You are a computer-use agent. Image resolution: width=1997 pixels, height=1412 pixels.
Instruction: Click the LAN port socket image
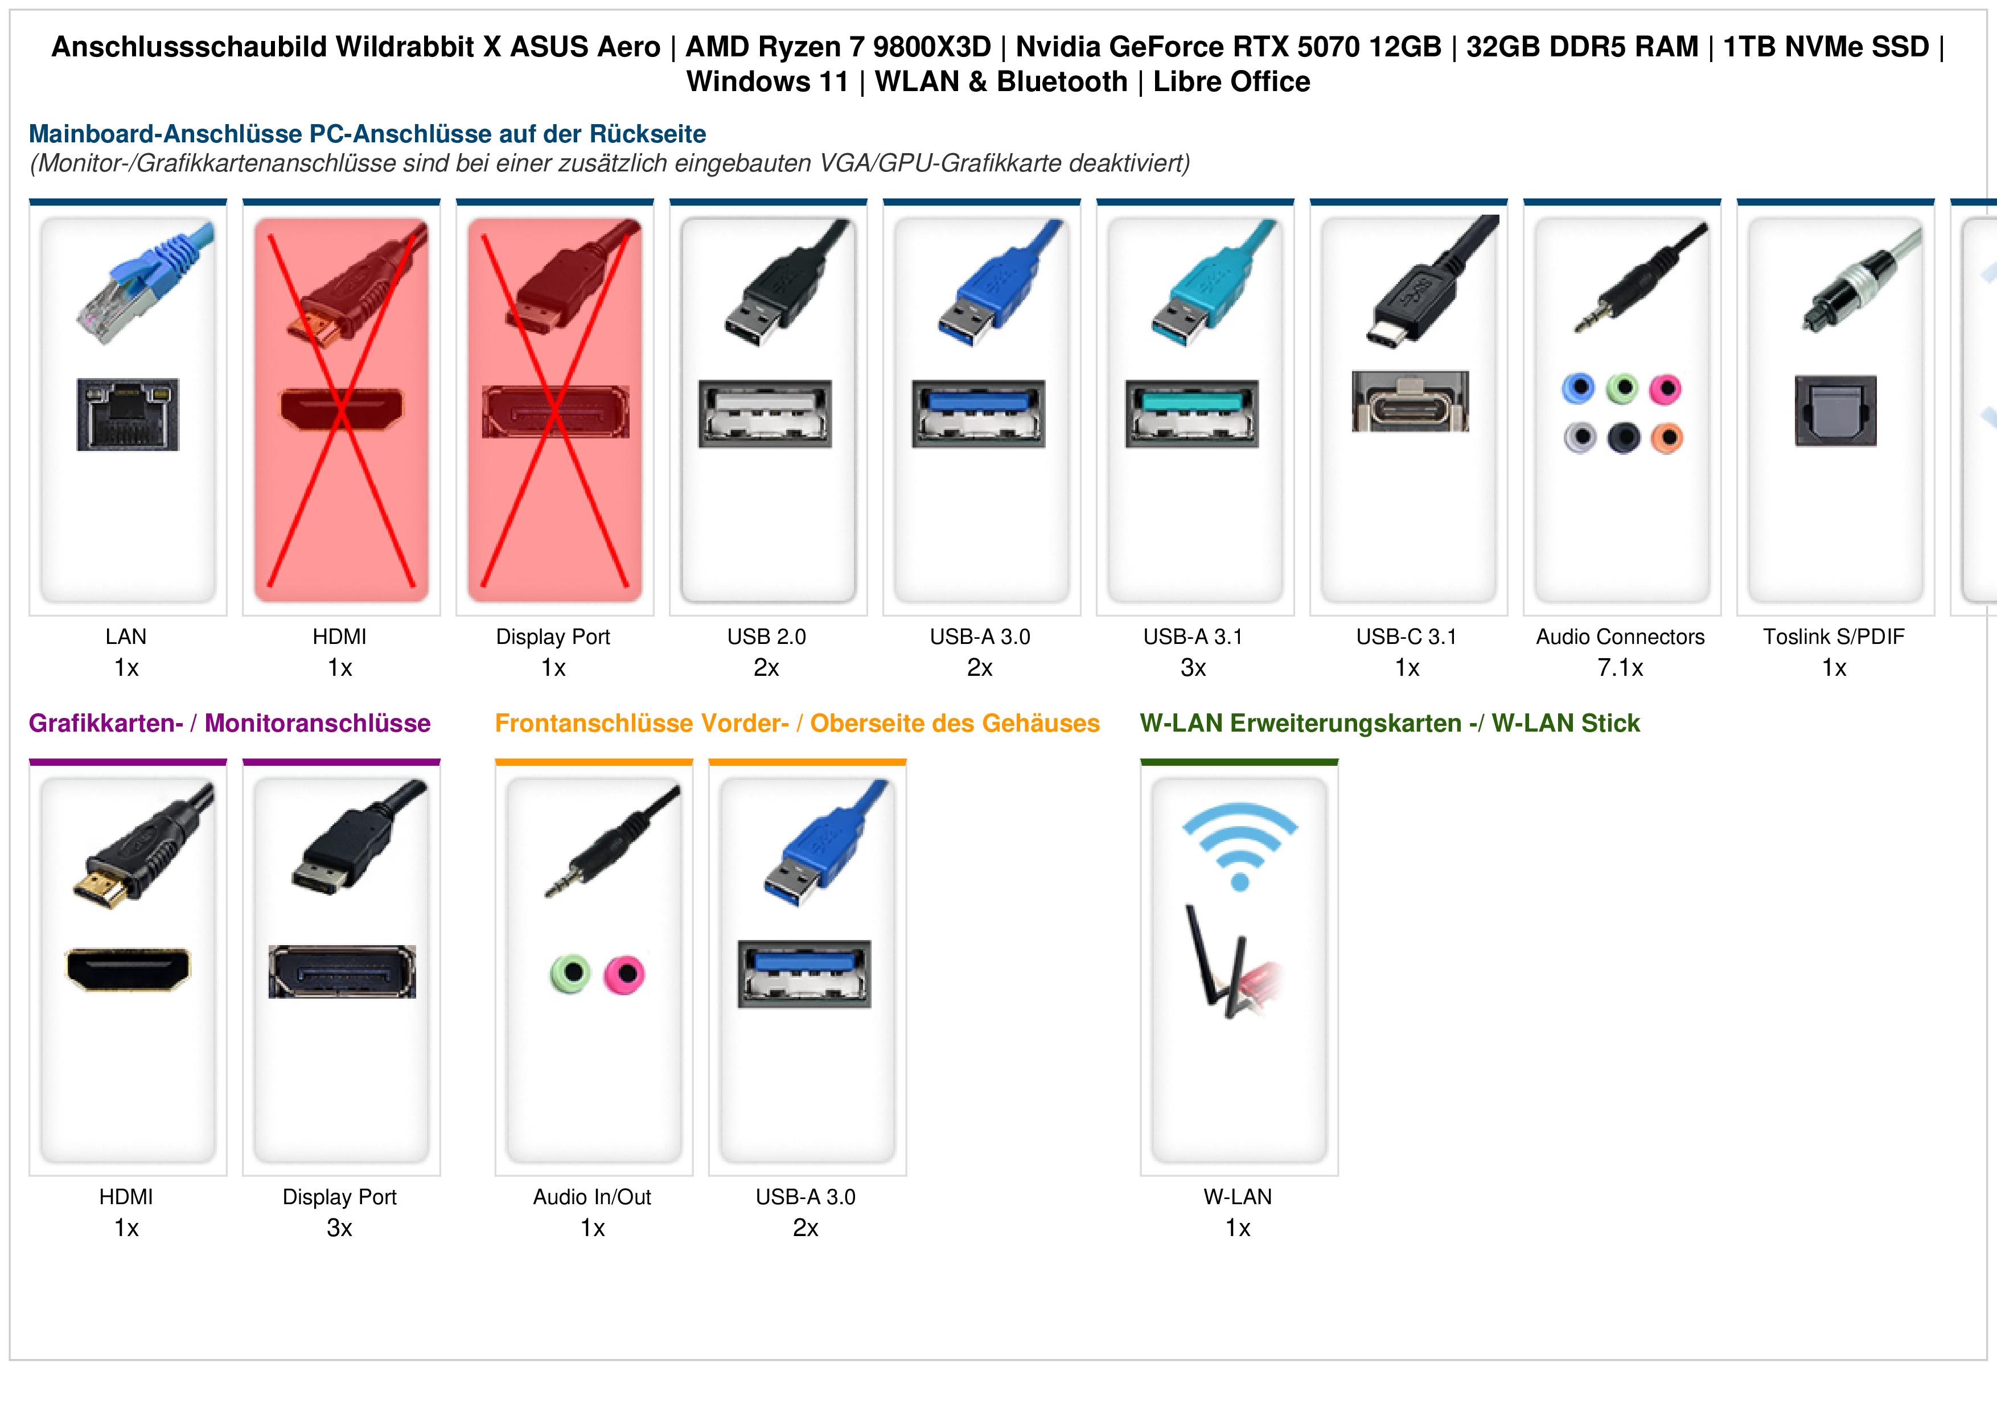(x=128, y=414)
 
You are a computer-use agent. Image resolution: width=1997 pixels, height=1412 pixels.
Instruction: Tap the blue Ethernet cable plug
(x=143, y=283)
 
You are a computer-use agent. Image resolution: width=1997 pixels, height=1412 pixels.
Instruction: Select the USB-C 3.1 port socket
(x=1410, y=401)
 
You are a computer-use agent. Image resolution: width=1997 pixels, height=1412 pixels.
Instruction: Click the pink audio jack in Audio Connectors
(x=1666, y=389)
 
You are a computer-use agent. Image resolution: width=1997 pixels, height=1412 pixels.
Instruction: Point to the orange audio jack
(x=1666, y=438)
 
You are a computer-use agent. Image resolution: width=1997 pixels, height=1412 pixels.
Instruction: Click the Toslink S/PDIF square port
(x=1835, y=412)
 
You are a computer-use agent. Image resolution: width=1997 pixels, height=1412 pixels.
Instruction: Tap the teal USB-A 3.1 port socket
(x=1191, y=413)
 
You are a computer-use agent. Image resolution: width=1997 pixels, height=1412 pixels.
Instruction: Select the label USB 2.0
(x=766, y=637)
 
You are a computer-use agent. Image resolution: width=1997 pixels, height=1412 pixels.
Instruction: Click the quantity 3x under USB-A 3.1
(x=1193, y=668)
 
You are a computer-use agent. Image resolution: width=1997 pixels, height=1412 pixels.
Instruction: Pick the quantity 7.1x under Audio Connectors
(x=1620, y=668)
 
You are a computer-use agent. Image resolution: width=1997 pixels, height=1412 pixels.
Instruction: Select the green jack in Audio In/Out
(x=570, y=974)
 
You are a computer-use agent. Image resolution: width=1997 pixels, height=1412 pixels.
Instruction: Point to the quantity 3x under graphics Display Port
(x=339, y=1229)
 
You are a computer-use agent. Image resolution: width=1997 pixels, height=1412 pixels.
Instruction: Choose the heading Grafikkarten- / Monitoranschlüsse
(x=229, y=723)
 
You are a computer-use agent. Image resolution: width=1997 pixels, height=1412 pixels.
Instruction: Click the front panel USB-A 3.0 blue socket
(x=804, y=974)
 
